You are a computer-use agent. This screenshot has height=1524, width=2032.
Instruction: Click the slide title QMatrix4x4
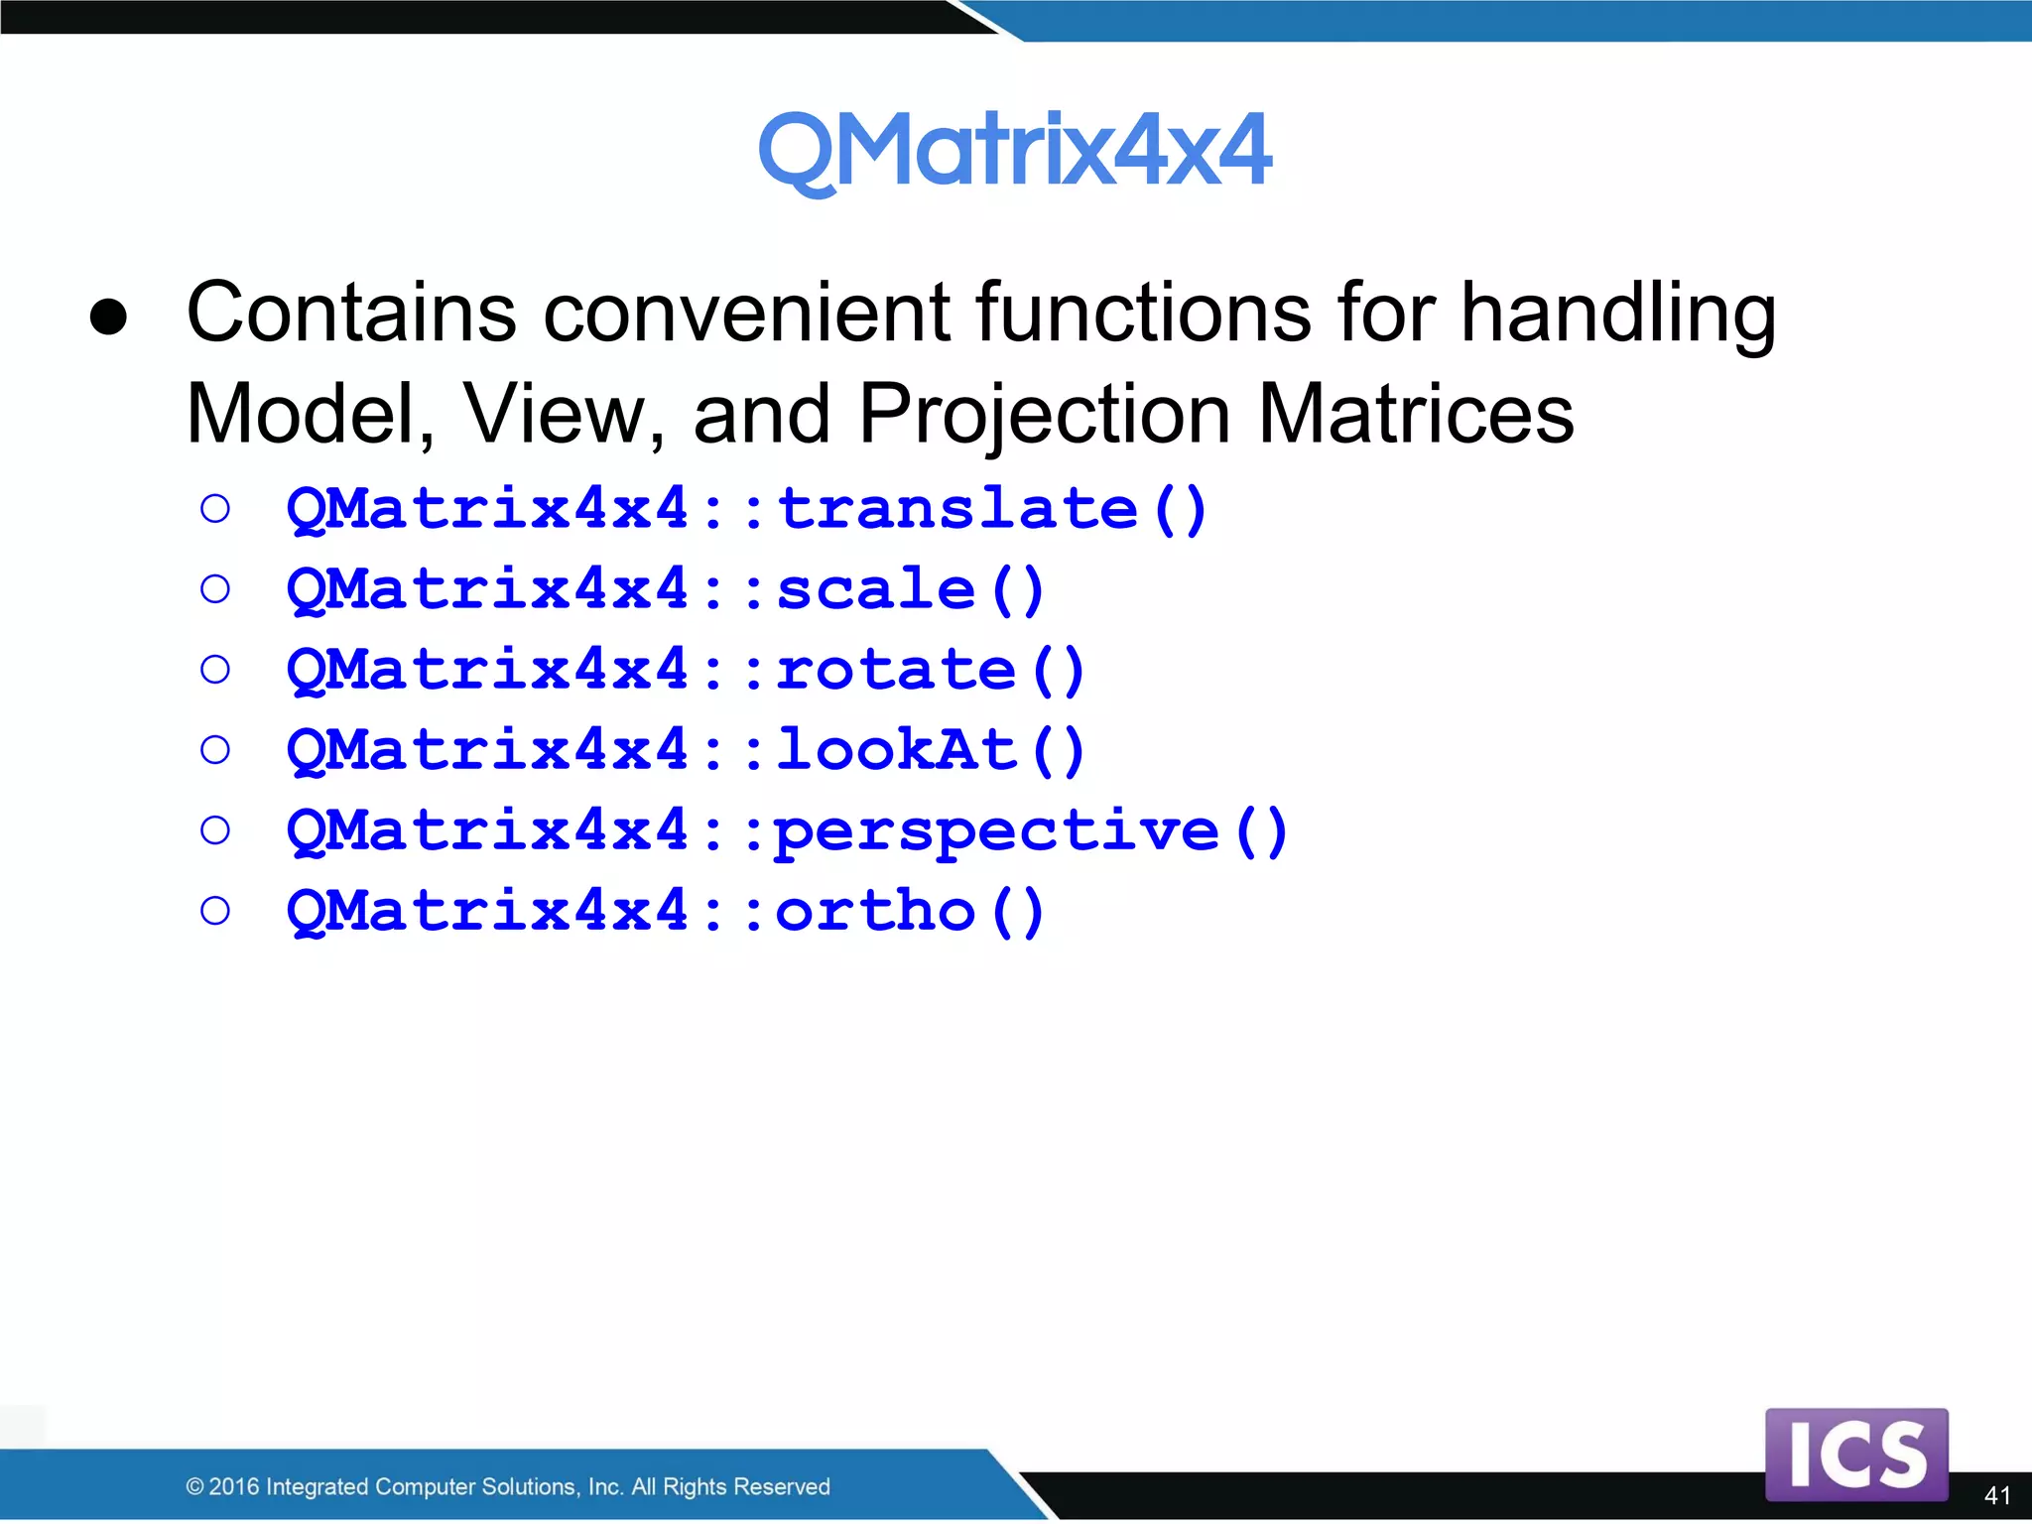[x=1014, y=151]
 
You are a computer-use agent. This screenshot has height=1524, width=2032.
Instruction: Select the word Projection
[x=1044, y=415]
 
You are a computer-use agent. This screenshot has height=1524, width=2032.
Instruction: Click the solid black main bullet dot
[x=108, y=317]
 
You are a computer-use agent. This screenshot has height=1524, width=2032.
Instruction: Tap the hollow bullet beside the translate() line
[x=215, y=510]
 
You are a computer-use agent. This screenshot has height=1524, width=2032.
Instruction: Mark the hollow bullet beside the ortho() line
[x=215, y=911]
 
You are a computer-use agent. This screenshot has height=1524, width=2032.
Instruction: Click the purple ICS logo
[x=1856, y=1454]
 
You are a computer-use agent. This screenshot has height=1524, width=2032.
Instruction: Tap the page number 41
[x=1996, y=1495]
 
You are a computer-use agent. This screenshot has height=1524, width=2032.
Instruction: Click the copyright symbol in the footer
[x=194, y=1486]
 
